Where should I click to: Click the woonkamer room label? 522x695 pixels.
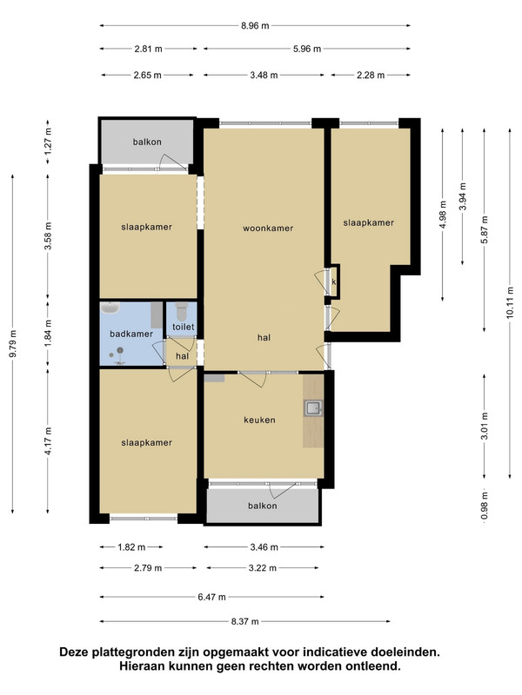point(268,228)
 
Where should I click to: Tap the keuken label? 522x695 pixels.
point(259,420)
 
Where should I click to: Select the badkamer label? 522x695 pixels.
point(131,334)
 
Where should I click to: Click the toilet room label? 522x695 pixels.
point(184,327)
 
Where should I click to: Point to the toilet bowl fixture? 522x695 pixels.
point(181,311)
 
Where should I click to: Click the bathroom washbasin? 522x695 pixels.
point(110,308)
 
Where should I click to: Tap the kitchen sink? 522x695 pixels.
point(313,407)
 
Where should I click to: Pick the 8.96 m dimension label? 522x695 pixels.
point(255,26)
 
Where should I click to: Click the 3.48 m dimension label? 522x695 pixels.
point(264,76)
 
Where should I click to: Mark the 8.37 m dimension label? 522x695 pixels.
point(244,621)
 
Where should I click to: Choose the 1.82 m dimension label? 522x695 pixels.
point(131,547)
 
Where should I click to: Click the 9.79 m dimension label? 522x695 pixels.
point(13,344)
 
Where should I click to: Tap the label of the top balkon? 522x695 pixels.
point(147,142)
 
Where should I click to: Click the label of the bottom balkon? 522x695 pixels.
point(263,506)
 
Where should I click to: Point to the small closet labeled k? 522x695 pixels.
point(334,281)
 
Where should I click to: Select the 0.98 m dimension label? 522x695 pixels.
point(485,506)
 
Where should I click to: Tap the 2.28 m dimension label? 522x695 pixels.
point(371,76)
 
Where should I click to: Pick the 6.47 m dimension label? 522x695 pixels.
point(211,597)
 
